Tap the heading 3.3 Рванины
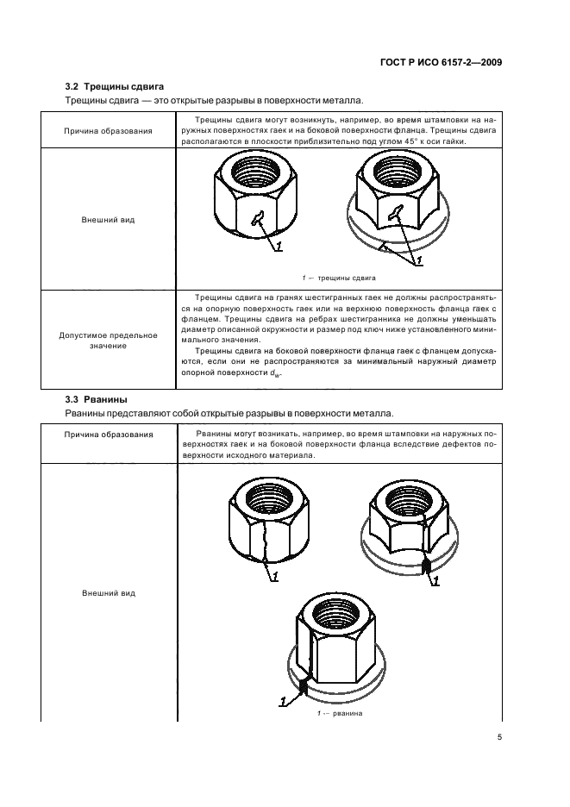(96, 399)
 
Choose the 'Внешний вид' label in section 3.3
(108, 593)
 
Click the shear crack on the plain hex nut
(257, 220)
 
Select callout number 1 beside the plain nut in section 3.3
(275, 576)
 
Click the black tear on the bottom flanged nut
(303, 686)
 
